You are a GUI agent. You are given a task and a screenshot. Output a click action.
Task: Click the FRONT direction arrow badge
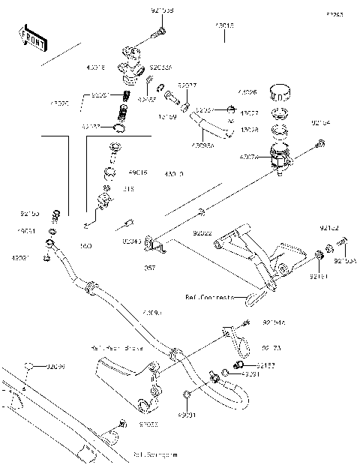tap(31, 38)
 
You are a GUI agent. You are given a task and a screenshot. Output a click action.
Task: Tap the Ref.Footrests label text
tap(211, 297)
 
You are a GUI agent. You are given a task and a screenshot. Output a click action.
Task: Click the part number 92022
tap(202, 234)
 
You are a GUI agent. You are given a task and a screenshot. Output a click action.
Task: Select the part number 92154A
tap(274, 322)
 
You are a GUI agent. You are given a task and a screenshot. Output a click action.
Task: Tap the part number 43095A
tap(202, 145)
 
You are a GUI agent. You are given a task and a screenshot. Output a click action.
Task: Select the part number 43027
tap(249, 113)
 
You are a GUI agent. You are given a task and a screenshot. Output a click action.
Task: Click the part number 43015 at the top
tap(225, 25)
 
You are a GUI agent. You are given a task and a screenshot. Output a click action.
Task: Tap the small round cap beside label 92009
tap(28, 365)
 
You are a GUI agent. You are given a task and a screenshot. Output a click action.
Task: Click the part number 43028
tap(249, 130)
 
